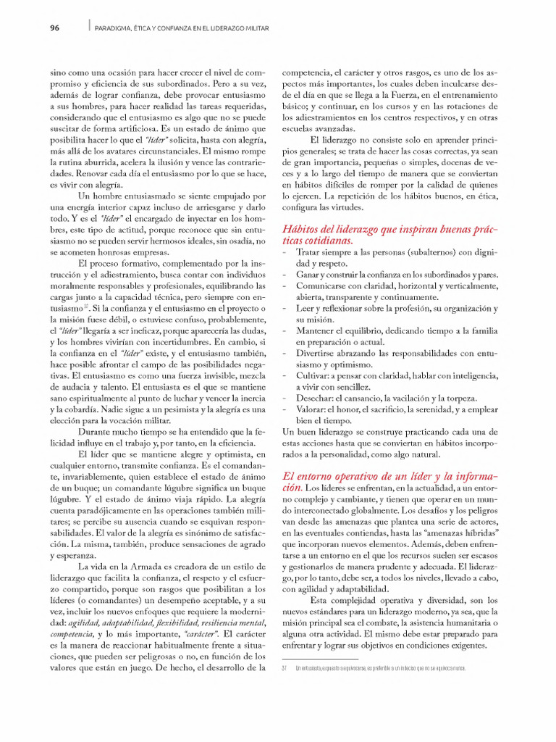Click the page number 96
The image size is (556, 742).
point(54,28)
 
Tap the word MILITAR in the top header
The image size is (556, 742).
point(256,28)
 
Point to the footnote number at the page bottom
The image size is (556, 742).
point(285,668)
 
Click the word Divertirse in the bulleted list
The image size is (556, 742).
point(319,354)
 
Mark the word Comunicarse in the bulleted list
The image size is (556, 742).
point(327,285)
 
